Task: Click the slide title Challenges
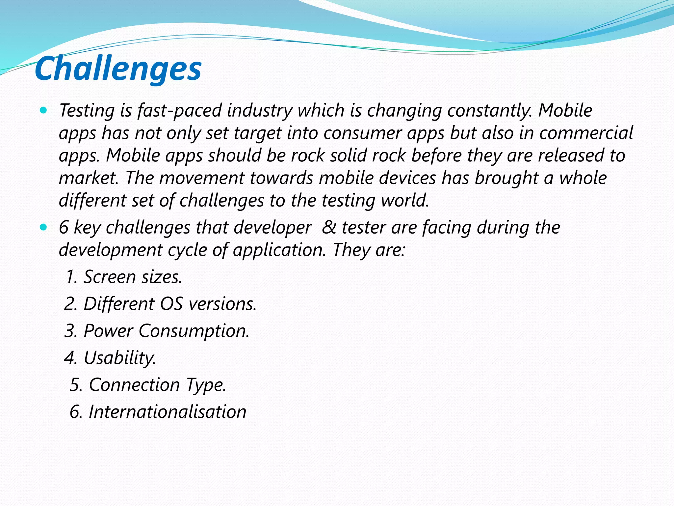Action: point(118,69)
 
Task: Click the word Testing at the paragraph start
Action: point(87,111)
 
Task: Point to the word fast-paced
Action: point(180,111)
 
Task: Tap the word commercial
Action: point(586,133)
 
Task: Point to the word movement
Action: point(202,178)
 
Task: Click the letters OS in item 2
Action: point(171,304)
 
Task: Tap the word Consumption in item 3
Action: point(194,331)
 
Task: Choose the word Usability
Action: point(120,358)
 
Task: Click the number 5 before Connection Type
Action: point(75,385)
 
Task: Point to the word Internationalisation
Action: point(168,412)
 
